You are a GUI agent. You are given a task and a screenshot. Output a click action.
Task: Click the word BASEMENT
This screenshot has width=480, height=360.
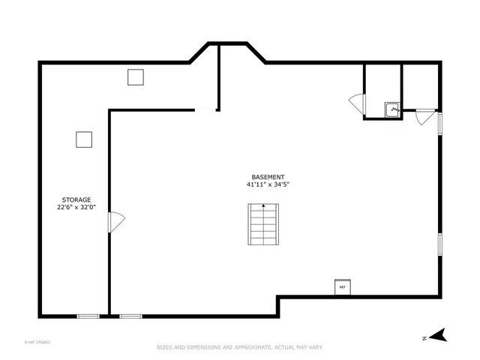[268, 177]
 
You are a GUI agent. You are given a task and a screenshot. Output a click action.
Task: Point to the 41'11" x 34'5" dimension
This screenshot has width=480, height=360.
[268, 184]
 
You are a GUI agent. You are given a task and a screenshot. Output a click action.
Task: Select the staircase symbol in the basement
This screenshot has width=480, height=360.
[263, 223]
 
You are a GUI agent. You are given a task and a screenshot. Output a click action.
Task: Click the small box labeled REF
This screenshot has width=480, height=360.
[342, 286]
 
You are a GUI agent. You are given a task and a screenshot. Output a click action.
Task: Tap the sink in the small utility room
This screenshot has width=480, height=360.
[391, 109]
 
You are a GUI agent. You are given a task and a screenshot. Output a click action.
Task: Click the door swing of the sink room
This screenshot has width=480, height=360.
[357, 103]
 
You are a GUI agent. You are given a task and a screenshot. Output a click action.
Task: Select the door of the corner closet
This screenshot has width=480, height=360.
[424, 118]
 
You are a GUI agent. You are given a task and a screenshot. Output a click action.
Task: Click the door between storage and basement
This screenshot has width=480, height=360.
[117, 222]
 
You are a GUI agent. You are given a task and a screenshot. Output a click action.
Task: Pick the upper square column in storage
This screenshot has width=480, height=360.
[135, 76]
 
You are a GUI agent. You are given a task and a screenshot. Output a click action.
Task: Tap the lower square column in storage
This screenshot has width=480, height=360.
[83, 139]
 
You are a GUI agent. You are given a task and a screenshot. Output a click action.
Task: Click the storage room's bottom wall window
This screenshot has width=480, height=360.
[88, 316]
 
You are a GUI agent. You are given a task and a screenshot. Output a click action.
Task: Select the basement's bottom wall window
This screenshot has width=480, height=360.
[131, 316]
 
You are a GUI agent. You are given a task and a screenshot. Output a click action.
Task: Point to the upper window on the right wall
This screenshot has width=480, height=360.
[440, 123]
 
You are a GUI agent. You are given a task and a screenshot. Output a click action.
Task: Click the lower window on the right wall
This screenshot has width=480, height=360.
[440, 244]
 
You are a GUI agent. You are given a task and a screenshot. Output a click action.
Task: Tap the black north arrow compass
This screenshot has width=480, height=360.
[438, 335]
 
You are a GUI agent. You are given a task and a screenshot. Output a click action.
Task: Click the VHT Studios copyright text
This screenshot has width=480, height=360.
[37, 342]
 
